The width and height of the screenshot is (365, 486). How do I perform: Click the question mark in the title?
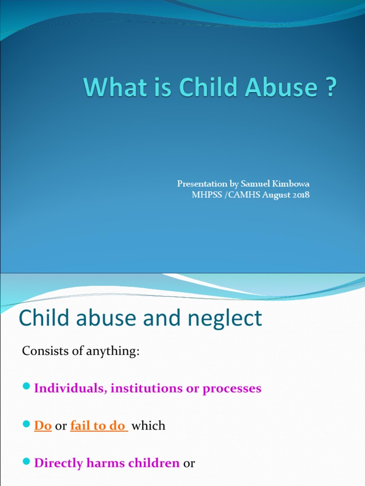[330, 88]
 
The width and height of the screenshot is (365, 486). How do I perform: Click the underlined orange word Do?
[43, 426]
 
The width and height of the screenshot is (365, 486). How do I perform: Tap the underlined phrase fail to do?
[98, 426]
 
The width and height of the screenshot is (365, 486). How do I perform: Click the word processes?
[232, 388]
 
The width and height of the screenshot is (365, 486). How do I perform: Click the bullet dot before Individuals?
[26, 387]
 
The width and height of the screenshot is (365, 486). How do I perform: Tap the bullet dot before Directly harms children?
[26, 462]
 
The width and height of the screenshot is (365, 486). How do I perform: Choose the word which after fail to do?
[148, 426]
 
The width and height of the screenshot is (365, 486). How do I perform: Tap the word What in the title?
[107, 88]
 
